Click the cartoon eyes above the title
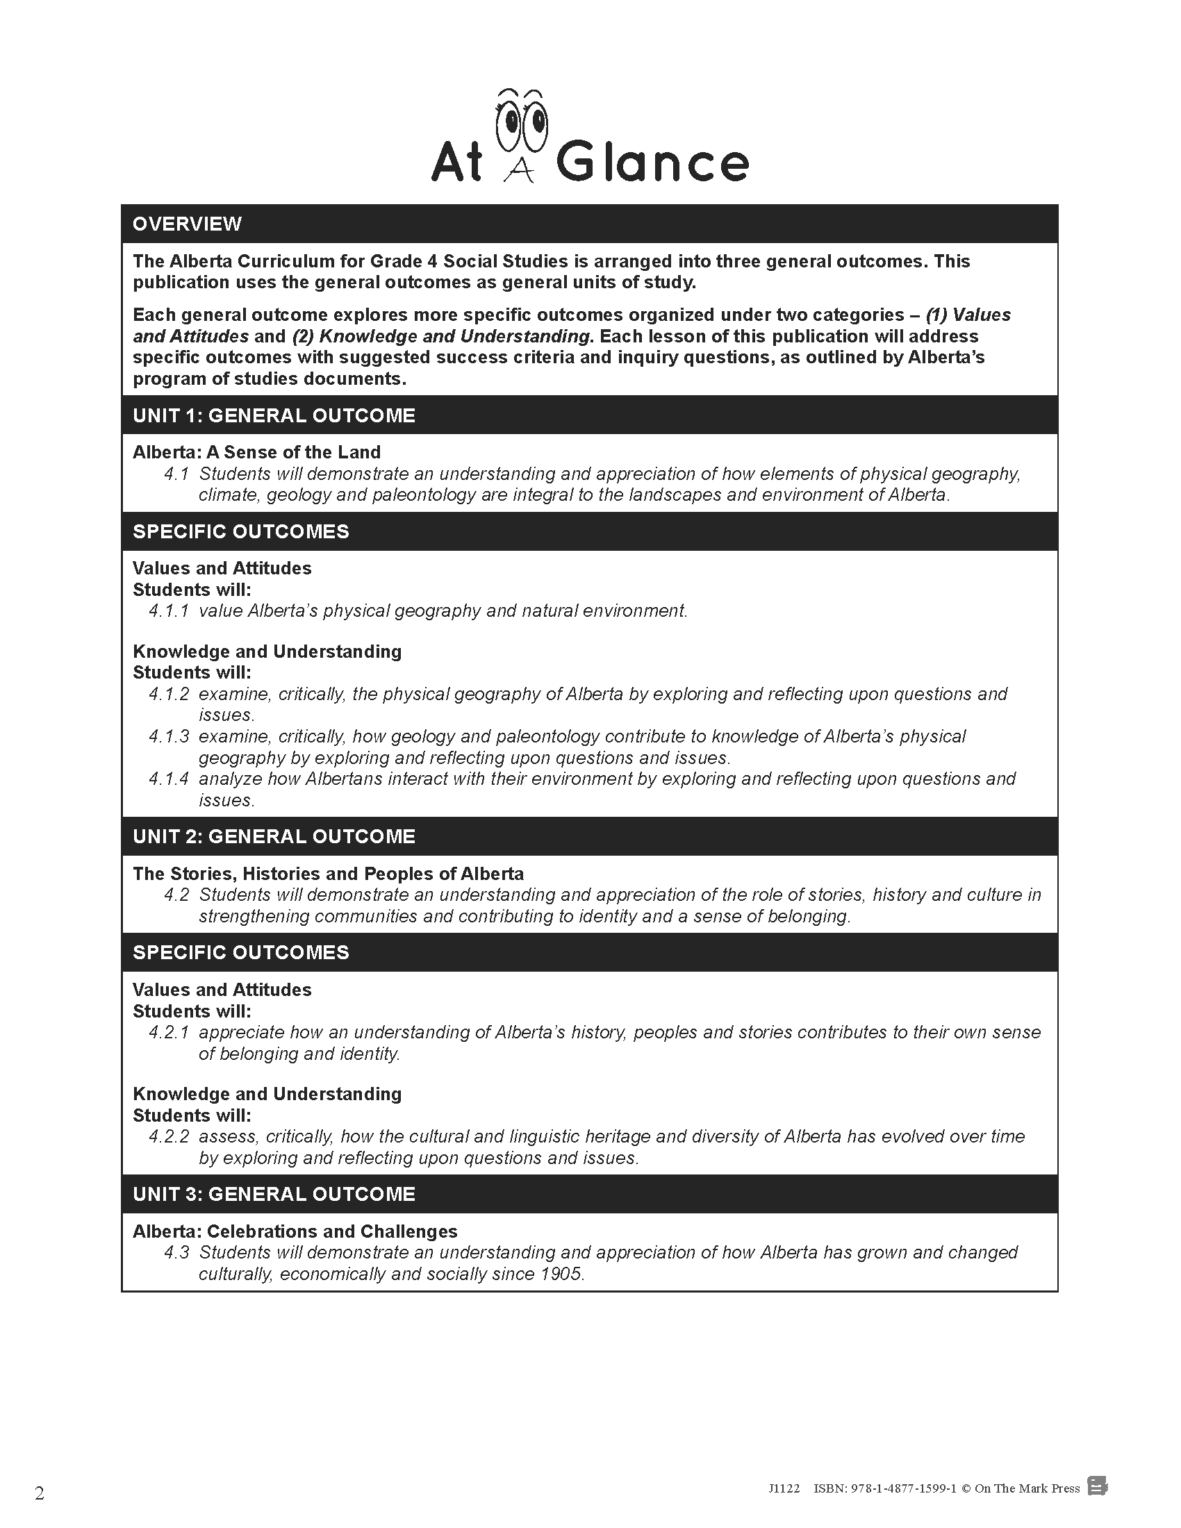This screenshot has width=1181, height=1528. [521, 119]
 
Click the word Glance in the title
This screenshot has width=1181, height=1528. [652, 163]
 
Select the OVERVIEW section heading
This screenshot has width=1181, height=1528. [187, 224]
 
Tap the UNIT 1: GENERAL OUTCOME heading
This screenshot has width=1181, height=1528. [274, 415]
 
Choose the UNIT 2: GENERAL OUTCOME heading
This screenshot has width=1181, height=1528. [274, 837]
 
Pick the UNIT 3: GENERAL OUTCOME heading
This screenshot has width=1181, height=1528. [274, 1195]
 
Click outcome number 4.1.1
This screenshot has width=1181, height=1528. [169, 611]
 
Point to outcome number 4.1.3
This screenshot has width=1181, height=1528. [169, 736]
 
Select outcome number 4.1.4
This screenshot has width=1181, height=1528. [169, 779]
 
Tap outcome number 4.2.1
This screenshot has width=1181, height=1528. [169, 1032]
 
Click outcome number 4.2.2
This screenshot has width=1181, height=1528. [169, 1136]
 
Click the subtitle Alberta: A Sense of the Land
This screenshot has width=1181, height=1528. [257, 452]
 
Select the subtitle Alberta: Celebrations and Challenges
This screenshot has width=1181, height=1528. [295, 1231]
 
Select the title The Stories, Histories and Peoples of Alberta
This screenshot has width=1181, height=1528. [328, 874]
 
